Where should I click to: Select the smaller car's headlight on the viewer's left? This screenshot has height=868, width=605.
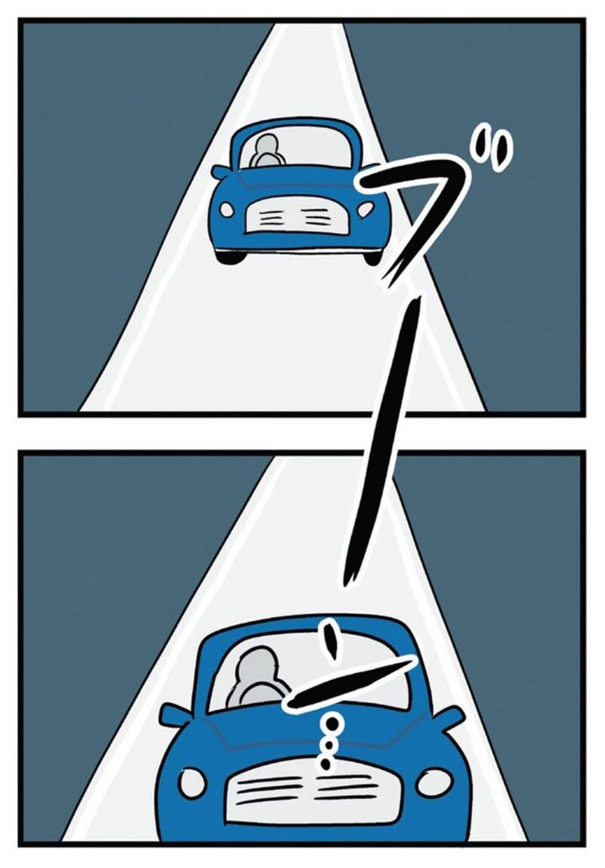227,209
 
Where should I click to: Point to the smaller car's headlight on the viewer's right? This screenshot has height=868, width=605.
366,209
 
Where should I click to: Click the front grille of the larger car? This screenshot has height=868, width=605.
311,792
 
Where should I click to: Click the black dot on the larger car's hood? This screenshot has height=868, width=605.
332,723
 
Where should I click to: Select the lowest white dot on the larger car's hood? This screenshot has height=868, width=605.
325,764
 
